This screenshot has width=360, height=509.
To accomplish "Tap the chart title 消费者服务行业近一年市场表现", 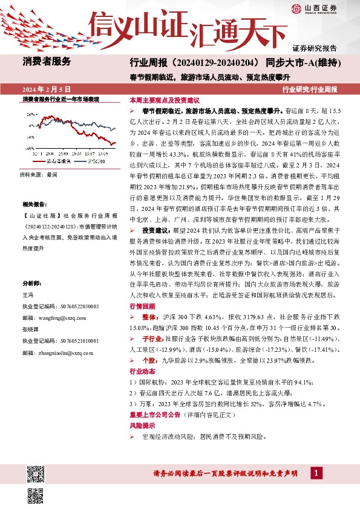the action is tap(60, 99).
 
